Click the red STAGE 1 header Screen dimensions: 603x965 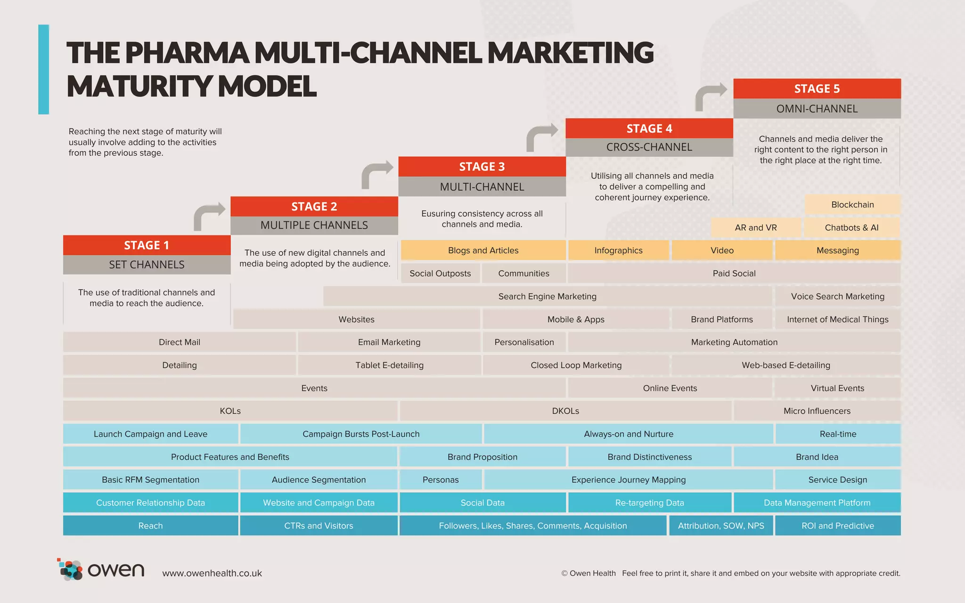147,245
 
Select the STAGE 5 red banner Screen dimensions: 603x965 817,89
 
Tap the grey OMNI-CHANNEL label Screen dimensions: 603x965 817,109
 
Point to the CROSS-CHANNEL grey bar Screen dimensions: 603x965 649,147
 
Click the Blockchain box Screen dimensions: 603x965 852,204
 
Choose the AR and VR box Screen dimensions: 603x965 755,228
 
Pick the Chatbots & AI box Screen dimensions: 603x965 851,228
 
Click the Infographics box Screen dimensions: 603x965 618,251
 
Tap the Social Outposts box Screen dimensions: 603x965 440,273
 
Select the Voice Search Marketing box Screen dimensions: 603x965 837,296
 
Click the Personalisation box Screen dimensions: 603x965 524,342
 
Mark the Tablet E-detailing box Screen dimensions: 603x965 389,365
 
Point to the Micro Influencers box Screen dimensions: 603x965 817,411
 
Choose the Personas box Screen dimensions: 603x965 440,480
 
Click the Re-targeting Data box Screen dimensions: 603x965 649,503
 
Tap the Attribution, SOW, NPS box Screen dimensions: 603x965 721,526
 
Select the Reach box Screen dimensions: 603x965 150,526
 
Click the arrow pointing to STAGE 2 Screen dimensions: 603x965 209,216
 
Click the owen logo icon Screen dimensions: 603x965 71,570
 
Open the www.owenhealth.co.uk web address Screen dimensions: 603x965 212,573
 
